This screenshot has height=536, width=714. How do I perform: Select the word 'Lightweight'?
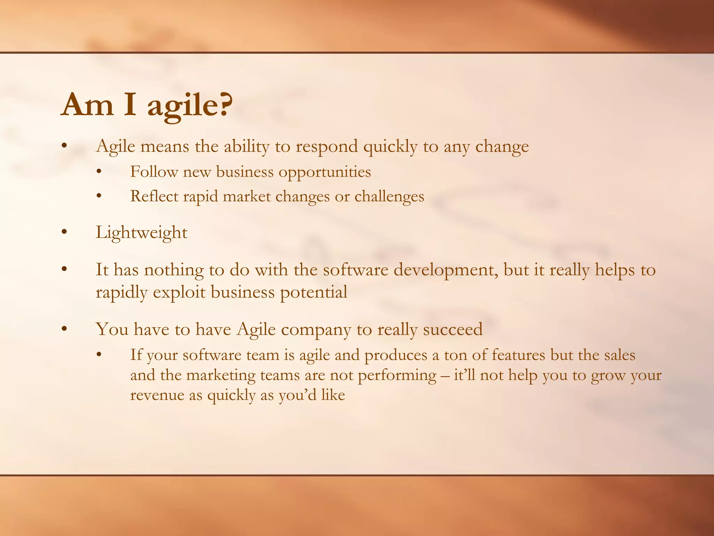142,233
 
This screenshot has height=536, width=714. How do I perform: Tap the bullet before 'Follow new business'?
99,172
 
